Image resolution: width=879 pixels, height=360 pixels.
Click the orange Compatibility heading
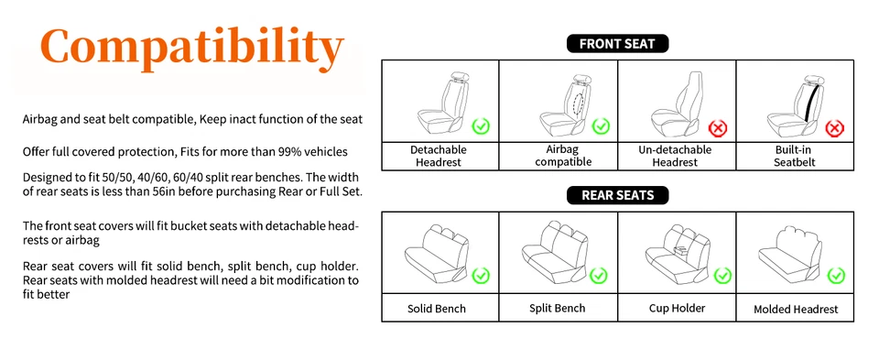pyautogui.click(x=192, y=49)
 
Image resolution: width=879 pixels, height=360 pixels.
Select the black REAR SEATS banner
pyautogui.click(x=617, y=195)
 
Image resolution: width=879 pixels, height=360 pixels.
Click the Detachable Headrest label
pyautogui.click(x=439, y=156)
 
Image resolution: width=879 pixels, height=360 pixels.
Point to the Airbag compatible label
pyautogui.click(x=559, y=156)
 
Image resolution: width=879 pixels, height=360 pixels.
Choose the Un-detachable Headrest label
pyautogui.click(x=677, y=156)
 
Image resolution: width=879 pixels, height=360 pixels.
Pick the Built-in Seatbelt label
pyautogui.click(x=795, y=156)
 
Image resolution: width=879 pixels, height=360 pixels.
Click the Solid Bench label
pyautogui.click(x=437, y=309)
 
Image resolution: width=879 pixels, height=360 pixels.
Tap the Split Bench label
pyautogui.click(x=558, y=308)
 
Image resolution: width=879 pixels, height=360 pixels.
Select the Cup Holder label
pyautogui.click(x=677, y=308)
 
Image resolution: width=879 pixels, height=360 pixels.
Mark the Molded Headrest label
pyautogui.click(x=796, y=309)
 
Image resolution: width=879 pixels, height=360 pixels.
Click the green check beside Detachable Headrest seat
pyautogui.click(x=481, y=125)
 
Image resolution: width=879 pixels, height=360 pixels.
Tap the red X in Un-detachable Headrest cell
pyautogui.click(x=719, y=127)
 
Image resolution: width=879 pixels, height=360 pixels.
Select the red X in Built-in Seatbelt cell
pyautogui.click(x=835, y=127)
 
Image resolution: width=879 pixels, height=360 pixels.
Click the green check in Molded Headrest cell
pyautogui.click(x=836, y=275)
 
